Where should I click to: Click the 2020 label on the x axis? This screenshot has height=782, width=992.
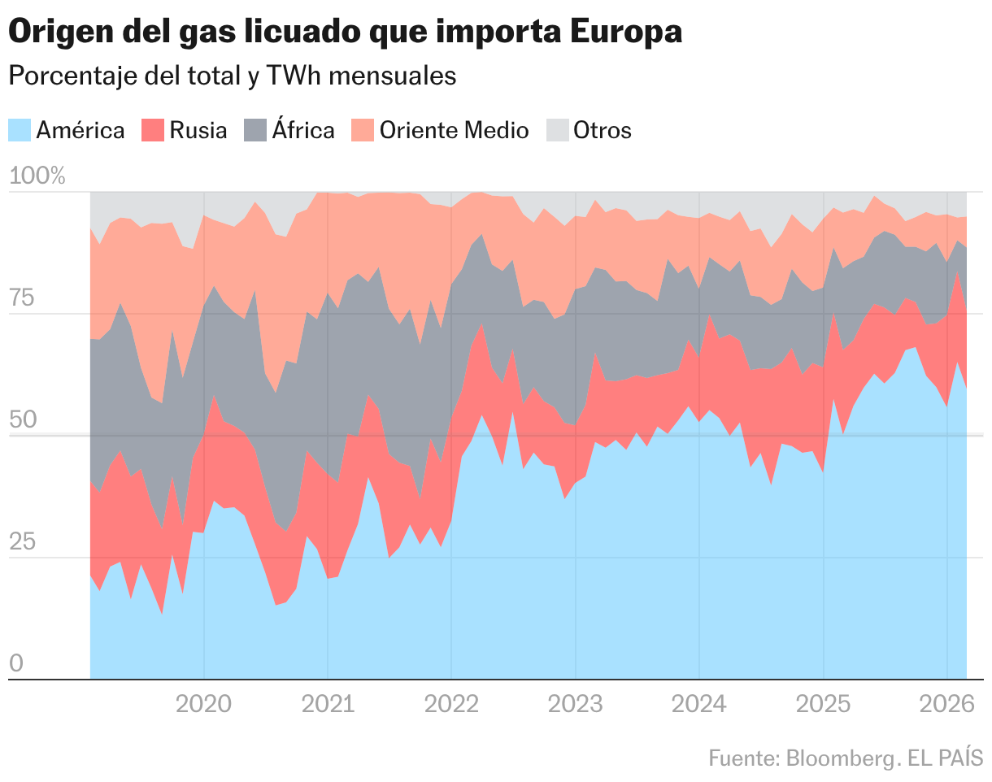[203, 703]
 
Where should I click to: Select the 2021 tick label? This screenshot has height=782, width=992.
[328, 703]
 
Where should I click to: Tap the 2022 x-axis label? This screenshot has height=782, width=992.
[451, 703]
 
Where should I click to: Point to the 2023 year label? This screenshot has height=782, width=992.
[576, 703]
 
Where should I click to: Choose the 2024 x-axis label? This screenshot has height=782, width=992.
[699, 703]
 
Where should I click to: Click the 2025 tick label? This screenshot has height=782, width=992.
[824, 703]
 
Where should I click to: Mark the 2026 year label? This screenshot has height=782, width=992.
[946, 703]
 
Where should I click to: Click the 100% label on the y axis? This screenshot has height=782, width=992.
[37, 176]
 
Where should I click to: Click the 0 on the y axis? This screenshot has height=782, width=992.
[16, 663]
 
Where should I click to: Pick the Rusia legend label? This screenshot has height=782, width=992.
[198, 130]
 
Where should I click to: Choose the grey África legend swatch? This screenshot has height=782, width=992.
[255, 130]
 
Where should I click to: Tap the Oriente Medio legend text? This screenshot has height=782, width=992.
[455, 130]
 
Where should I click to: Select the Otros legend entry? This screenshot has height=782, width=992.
[602, 130]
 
